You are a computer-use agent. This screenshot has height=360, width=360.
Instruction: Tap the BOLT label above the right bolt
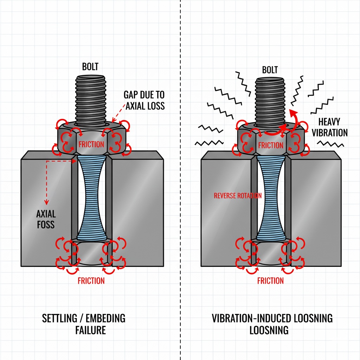click(x=270, y=70)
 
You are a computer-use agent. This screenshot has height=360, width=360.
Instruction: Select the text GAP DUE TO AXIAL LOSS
click(x=144, y=100)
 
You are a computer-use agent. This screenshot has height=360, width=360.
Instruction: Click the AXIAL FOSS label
click(x=46, y=219)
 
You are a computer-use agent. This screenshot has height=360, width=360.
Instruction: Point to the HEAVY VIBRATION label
click(x=329, y=127)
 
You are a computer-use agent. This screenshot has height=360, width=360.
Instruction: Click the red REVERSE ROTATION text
click(x=238, y=196)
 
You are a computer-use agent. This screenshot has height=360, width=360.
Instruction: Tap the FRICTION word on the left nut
click(x=91, y=144)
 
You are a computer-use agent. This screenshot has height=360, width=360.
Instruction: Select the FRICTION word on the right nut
click(x=270, y=145)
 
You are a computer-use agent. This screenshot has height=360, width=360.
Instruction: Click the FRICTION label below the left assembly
click(x=91, y=281)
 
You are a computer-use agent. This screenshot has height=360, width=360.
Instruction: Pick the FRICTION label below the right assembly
click(x=270, y=281)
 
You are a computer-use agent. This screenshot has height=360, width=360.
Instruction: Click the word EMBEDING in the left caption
click(x=108, y=319)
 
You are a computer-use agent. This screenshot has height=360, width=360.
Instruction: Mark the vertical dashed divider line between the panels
click(x=180, y=176)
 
